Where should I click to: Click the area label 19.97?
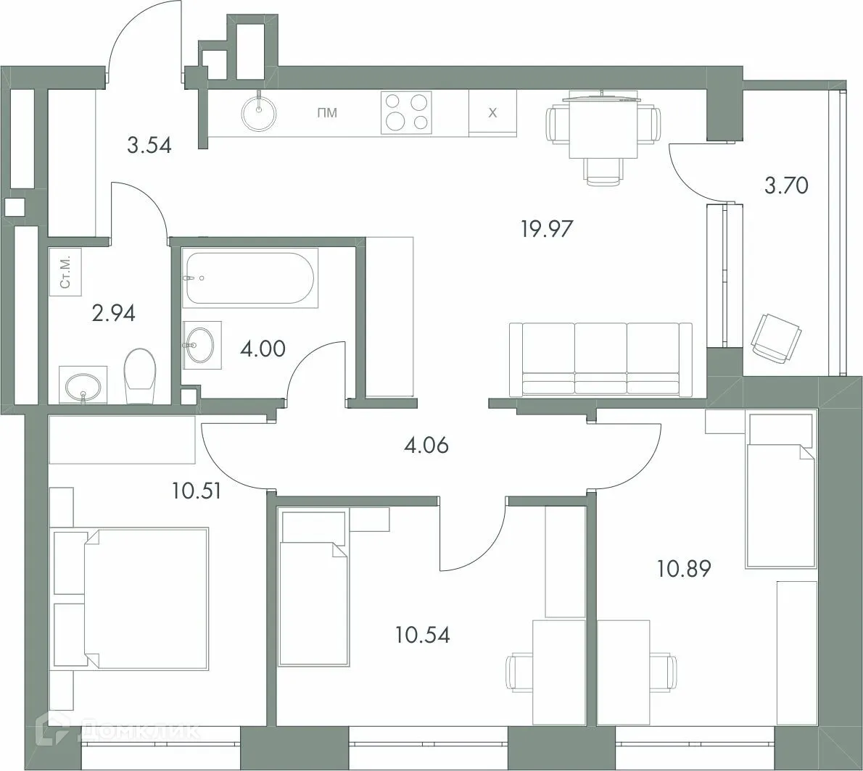coord(547,229)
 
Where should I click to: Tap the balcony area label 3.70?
coord(786,186)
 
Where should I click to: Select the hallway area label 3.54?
coord(149,146)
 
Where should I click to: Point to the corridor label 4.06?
coord(426,444)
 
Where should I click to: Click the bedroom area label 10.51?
coord(197,491)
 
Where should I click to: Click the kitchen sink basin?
coord(258,112)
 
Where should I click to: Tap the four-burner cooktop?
coord(406,112)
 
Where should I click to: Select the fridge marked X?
coord(492,113)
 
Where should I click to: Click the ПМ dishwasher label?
coord(327,113)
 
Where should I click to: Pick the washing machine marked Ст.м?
coord(65,272)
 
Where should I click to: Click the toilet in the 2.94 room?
coord(139,375)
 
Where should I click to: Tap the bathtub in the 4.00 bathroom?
coord(249,278)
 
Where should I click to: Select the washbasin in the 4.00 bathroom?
coord(198,344)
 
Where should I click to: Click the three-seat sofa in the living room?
coord(600,359)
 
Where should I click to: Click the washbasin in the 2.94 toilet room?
coord(83,384)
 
